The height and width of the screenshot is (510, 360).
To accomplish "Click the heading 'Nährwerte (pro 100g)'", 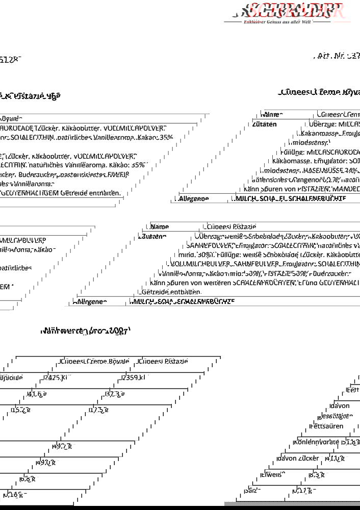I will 85,330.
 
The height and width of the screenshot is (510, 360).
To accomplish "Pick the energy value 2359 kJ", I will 134,378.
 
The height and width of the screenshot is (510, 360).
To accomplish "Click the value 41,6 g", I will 37,394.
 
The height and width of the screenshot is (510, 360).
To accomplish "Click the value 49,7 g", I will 62,446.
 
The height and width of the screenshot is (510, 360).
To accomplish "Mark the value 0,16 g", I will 13,494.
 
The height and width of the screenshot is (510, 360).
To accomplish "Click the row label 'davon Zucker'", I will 301,458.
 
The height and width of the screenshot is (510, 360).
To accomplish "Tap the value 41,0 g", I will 336,458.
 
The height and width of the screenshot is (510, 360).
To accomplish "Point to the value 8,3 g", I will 316,474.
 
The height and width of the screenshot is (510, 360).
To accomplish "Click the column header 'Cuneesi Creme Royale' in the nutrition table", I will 97,362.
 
